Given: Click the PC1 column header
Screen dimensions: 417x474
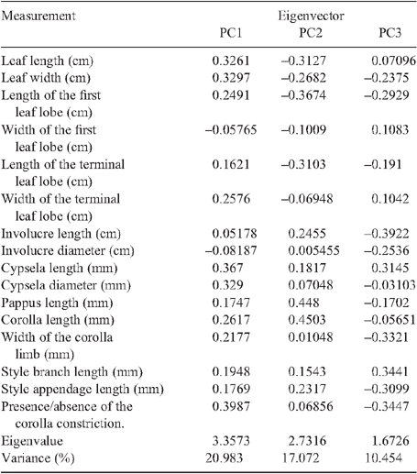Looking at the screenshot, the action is point(231,33).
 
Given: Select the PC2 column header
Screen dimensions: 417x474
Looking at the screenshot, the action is point(311,33).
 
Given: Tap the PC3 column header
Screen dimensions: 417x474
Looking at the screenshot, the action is point(390,33).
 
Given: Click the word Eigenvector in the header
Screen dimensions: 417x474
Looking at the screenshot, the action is point(311,16).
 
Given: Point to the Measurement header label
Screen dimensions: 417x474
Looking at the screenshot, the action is point(38,16).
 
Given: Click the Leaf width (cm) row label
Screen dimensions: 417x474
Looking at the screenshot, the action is point(46,78).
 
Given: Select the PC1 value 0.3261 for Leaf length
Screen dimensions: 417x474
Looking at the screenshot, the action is point(231,61).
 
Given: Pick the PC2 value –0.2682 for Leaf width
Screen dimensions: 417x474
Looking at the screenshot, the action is point(303,78).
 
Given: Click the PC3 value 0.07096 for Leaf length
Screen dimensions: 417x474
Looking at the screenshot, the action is point(393,61).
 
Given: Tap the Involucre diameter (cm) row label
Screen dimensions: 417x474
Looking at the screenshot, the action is point(68,250).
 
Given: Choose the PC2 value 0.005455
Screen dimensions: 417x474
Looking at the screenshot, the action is point(313,250).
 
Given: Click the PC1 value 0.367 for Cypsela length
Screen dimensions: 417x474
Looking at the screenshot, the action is point(227,268).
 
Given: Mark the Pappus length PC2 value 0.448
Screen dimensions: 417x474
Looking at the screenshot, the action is point(303,303).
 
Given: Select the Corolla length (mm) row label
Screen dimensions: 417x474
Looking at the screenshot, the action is point(58,320).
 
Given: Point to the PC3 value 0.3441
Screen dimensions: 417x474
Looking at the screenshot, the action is point(390,371).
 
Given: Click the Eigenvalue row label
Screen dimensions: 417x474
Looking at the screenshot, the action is point(32,441).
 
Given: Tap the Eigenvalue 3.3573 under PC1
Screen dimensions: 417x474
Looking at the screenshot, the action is point(231,441).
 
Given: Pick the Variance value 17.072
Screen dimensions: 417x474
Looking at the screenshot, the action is point(300,458).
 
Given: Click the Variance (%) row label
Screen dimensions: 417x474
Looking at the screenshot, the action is point(38,458).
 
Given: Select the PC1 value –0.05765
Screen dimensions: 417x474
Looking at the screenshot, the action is point(231,129).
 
